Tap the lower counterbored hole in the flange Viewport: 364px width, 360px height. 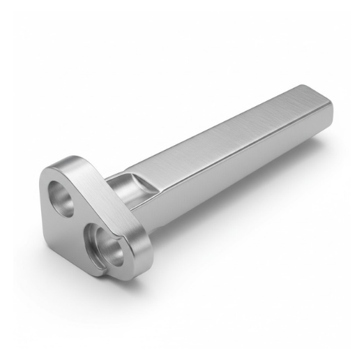107,248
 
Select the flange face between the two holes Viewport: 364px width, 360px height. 77,222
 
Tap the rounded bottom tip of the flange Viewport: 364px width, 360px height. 105,272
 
